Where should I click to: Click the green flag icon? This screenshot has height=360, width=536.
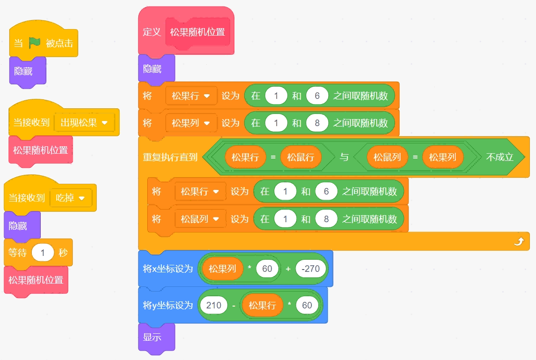[x=35, y=43]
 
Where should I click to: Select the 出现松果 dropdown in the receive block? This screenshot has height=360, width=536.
[x=84, y=123]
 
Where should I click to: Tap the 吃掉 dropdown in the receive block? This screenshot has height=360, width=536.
[x=71, y=198]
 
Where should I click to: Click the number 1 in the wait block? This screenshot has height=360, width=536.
[x=43, y=253]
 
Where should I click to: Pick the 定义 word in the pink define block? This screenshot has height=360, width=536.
[x=152, y=32]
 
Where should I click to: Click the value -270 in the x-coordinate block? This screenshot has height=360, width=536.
[x=310, y=269]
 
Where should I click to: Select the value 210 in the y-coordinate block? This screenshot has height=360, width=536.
[x=214, y=305]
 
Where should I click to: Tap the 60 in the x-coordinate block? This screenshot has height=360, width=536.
[x=267, y=269]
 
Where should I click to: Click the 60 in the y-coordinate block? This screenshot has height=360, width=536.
[x=307, y=305]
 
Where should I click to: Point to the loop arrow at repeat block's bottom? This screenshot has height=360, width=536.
[x=519, y=241]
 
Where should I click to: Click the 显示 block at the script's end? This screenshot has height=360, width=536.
[x=157, y=337]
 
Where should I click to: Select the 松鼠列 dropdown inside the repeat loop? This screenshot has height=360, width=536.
[x=200, y=219]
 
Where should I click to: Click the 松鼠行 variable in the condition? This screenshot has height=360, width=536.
[x=301, y=157]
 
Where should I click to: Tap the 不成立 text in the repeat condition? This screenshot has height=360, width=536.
[x=500, y=157]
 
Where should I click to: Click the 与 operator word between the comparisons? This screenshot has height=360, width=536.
[x=344, y=157]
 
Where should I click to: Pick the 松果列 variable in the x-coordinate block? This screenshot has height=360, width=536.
[x=222, y=269]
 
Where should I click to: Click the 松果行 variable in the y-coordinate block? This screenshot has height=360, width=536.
[x=262, y=305]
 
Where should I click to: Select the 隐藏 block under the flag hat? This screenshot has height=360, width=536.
[x=28, y=71]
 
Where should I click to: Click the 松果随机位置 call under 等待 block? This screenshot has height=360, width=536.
[x=36, y=280]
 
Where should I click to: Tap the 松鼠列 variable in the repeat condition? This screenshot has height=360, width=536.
[x=387, y=157]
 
